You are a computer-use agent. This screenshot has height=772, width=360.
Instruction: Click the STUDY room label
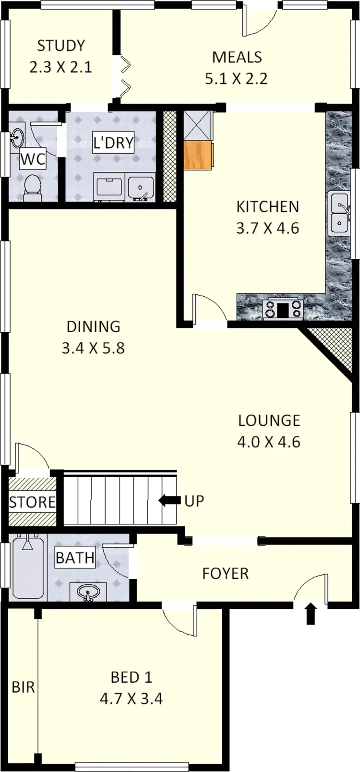pyautogui.click(x=61, y=46)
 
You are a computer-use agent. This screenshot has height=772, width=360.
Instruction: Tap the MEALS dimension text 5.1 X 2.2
pyautogui.click(x=236, y=78)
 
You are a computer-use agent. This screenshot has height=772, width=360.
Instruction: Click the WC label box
pyautogui.click(x=33, y=159)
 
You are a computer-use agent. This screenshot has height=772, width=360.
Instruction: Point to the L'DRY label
pyautogui.click(x=113, y=143)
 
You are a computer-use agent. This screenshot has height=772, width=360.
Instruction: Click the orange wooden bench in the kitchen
pyautogui.click(x=198, y=155)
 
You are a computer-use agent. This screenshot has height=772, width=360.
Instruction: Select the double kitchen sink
pyautogui.click(x=339, y=213)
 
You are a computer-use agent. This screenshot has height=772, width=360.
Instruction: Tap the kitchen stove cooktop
pyautogui.click(x=283, y=309)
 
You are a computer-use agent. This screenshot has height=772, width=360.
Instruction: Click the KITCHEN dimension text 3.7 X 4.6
pyautogui.click(x=267, y=228)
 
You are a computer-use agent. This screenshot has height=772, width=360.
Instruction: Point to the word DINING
pyautogui.click(x=93, y=326)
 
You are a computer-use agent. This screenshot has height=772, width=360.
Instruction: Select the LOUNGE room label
pyautogui.click(x=269, y=421)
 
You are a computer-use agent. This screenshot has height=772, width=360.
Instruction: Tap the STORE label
pyautogui.click(x=32, y=502)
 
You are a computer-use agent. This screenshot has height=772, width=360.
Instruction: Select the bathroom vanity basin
pyautogui.click(x=88, y=592)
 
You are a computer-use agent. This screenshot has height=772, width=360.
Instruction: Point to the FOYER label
pyautogui.click(x=225, y=573)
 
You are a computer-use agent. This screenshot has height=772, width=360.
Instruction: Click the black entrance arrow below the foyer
pyautogui.click(x=311, y=614)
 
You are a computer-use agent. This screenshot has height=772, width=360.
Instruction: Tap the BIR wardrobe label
pyautogui.click(x=23, y=687)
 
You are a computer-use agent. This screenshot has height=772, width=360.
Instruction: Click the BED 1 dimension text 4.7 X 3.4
pyautogui.click(x=131, y=699)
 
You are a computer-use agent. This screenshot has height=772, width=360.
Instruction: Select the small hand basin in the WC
pyautogui.click(x=17, y=137)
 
